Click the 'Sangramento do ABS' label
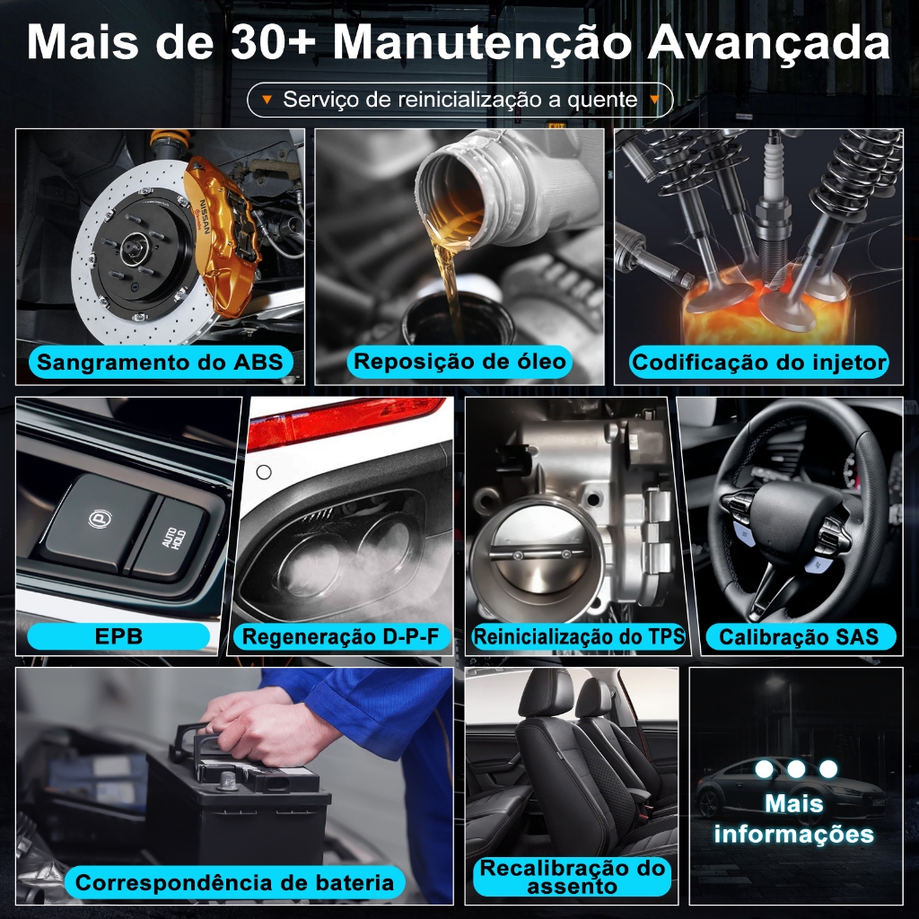[x=160, y=363]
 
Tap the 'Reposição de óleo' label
[x=459, y=361]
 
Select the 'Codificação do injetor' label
[x=758, y=363]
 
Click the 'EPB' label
[x=118, y=636]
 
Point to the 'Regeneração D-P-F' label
[x=340, y=636]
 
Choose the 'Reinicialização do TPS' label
[x=579, y=636]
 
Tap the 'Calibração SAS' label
[x=800, y=636]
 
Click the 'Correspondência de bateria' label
[x=234, y=883]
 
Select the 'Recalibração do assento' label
[x=572, y=877]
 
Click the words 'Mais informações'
[x=794, y=818]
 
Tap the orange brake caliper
[x=222, y=234]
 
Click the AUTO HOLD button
[x=169, y=538]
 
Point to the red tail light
[x=346, y=420]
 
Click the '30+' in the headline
[x=274, y=42]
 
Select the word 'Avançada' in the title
[x=768, y=43]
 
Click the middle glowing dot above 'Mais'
[x=796, y=769]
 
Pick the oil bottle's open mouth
[x=451, y=188]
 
